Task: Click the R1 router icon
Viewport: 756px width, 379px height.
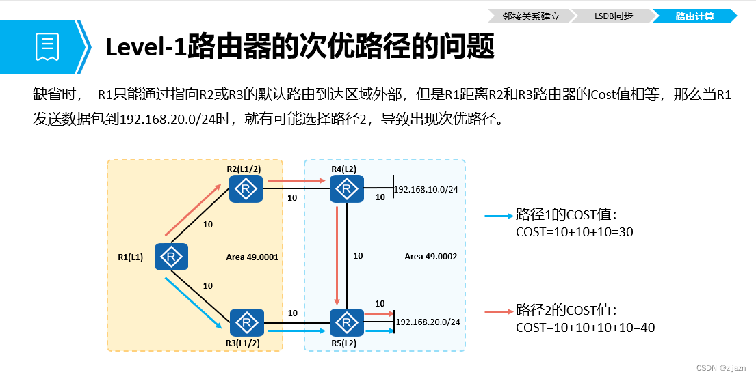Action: [x=171, y=257]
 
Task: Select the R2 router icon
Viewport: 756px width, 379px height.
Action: [x=246, y=189]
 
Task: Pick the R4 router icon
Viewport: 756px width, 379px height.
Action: [x=347, y=188]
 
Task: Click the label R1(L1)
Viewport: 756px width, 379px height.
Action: [x=131, y=258]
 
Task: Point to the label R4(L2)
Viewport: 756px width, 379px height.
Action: [x=343, y=169]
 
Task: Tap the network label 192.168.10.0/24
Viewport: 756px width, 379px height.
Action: [x=427, y=189]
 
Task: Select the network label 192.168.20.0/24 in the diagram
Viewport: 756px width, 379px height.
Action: [x=428, y=322]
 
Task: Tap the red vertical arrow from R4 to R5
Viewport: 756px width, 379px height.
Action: [x=337, y=255]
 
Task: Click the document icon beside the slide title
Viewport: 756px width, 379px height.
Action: [x=47, y=46]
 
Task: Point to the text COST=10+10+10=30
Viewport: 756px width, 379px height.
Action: [x=574, y=232]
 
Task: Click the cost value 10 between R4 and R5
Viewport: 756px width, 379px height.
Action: [x=358, y=256]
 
